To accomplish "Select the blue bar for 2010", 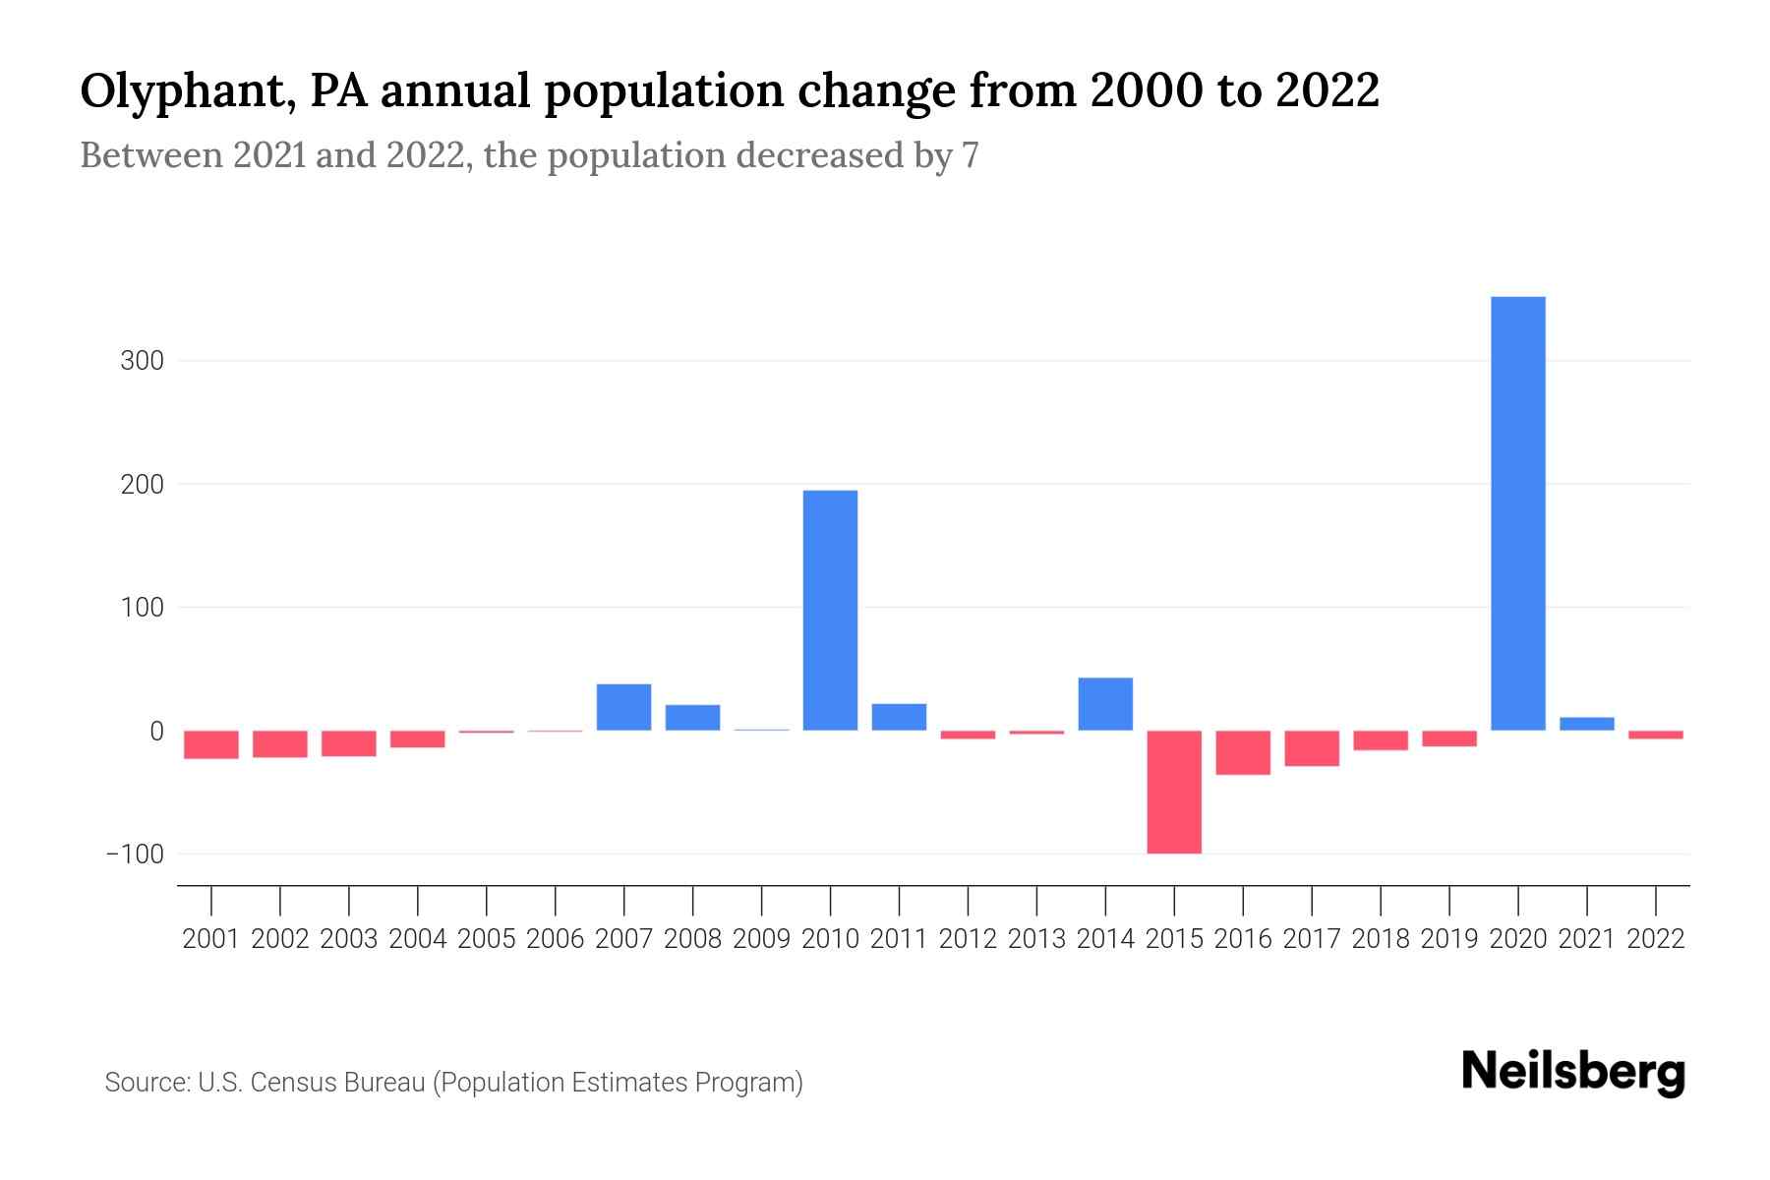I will click(x=830, y=610).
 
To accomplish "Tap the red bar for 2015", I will click(x=1174, y=792).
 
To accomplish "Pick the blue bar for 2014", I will click(x=1105, y=704).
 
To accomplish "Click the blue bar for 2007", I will click(x=623, y=707).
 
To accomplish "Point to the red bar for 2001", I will click(x=211, y=744).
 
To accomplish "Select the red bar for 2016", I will click(x=1243, y=752).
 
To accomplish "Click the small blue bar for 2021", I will click(x=1586, y=724).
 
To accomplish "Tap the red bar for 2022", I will click(x=1655, y=735).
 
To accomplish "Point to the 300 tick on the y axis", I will click(x=142, y=361).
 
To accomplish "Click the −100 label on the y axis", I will click(x=135, y=854).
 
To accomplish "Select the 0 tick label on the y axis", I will click(x=156, y=731).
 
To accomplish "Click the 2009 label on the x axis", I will click(x=761, y=939).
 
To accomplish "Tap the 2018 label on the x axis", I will click(x=1380, y=939).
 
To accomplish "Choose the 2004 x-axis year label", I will click(x=418, y=939).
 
